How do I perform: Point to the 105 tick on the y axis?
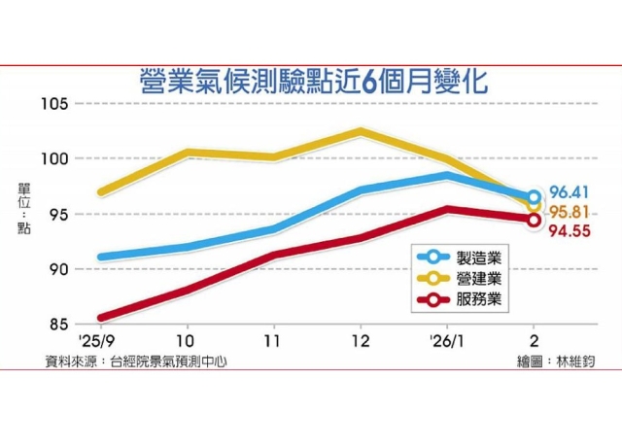coord(53,104)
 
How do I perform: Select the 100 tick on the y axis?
coord(53,158)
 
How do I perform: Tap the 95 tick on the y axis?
coord(56,214)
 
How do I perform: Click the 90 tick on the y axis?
coord(56,269)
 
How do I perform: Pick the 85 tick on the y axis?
coord(56,324)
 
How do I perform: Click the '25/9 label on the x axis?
coord(102,342)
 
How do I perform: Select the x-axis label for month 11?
coord(273,342)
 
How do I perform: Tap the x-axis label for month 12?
coord(360,342)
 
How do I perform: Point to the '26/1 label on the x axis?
coord(446,342)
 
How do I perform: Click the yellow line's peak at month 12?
coord(360,131)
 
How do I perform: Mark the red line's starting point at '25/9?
coord(102,318)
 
